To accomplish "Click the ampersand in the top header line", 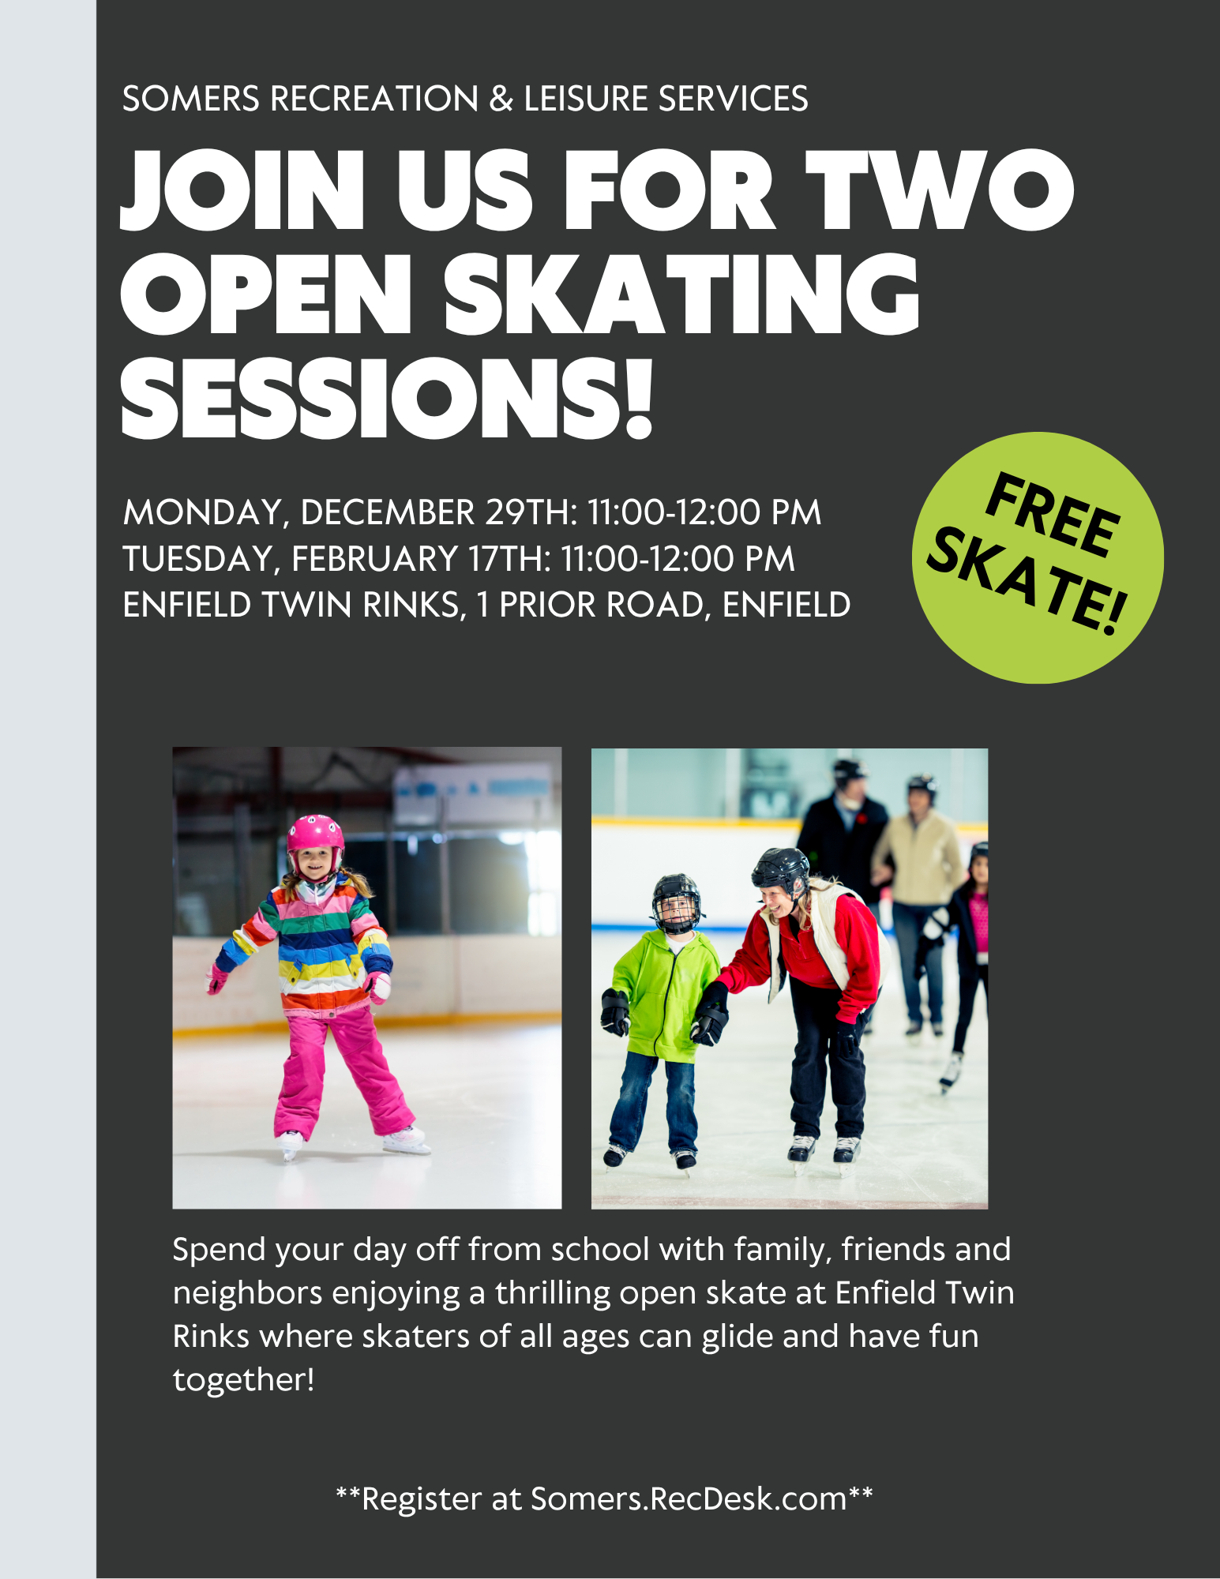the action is (501, 99).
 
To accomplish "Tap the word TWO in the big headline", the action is (940, 190).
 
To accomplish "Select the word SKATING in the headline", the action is (681, 294).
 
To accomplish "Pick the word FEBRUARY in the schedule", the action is (375, 559).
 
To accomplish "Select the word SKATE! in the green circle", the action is (1027, 581).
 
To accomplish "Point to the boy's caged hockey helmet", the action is (676, 902).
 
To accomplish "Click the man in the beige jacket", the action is (918, 900).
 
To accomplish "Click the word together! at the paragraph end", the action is (244, 1380).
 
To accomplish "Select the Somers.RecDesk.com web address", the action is (689, 1498).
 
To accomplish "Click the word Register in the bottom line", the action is (422, 1499).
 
